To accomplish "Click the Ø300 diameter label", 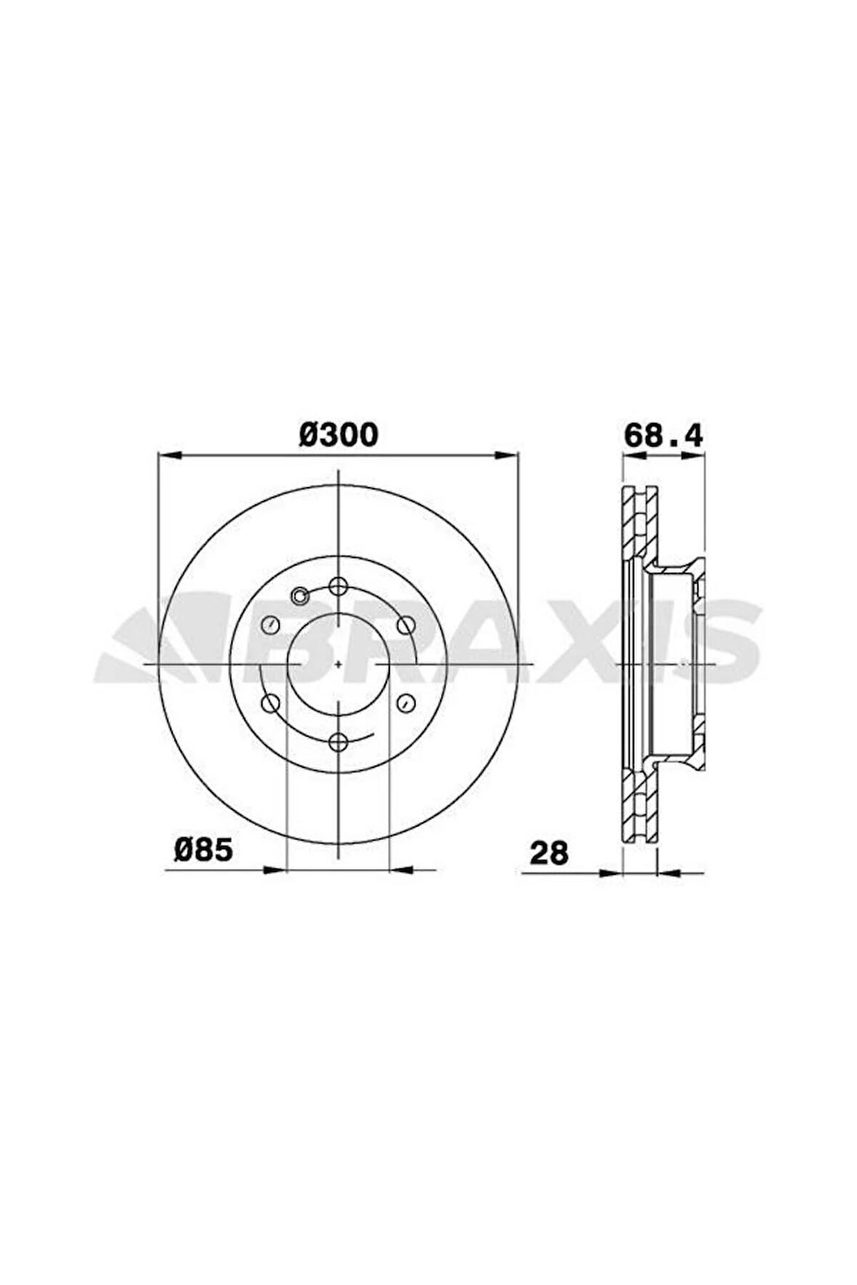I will [338, 435].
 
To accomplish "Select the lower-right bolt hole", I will [406, 702].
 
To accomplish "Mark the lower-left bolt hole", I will [270, 702].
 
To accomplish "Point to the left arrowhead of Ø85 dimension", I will [277, 870].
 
